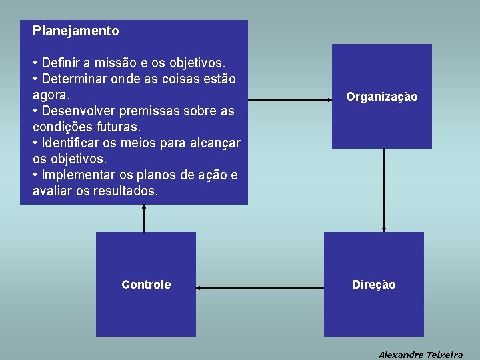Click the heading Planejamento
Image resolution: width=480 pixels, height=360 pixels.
pyautogui.click(x=75, y=31)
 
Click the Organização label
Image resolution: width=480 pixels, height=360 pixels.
pyautogui.click(x=382, y=97)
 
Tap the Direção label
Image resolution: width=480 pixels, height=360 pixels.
pyautogui.click(x=374, y=285)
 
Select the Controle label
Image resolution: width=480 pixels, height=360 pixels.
pyautogui.click(x=146, y=285)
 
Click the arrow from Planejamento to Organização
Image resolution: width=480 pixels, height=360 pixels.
pyautogui.click(x=290, y=99)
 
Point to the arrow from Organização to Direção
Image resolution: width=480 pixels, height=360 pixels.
pyautogui.click(x=384, y=190)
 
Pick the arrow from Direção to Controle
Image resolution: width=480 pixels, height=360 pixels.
pyautogui.click(x=260, y=288)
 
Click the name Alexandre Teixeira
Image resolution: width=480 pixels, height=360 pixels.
pyautogui.click(x=421, y=355)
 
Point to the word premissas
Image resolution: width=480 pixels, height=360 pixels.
pyautogui.click(x=138, y=111)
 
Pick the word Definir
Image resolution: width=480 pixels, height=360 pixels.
pyautogui.click(x=61, y=63)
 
